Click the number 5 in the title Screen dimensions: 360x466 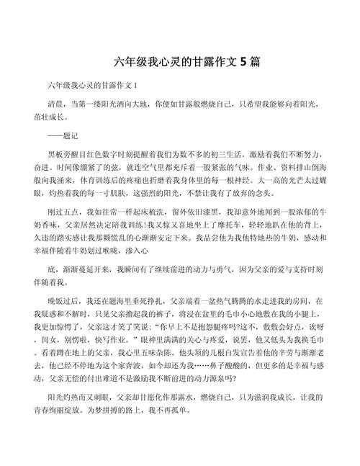[246, 62]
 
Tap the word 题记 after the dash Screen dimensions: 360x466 [73, 136]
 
